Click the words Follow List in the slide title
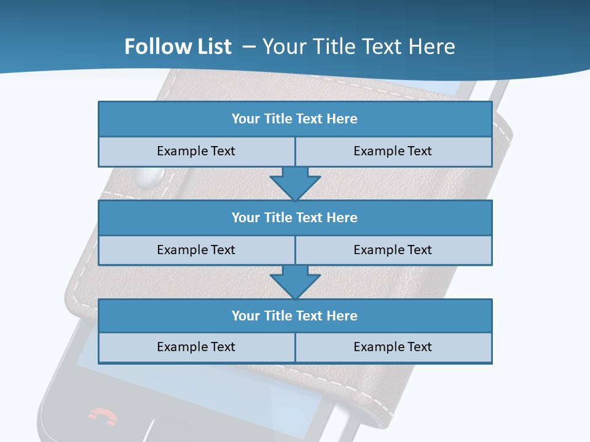pyautogui.click(x=178, y=47)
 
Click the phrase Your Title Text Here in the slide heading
pyautogui.click(x=359, y=47)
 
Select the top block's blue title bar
pyautogui.click(x=295, y=119)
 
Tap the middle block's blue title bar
pyautogui.click(x=295, y=218)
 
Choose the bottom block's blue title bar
pyautogui.click(x=295, y=316)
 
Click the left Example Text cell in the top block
pyautogui.click(x=196, y=152)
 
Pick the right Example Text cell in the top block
pyautogui.click(x=393, y=152)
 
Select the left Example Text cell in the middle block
pyautogui.click(x=196, y=250)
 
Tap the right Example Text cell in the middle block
pyautogui.click(x=393, y=250)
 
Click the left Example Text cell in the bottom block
pyautogui.click(x=196, y=347)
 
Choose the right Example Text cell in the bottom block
pyautogui.click(x=393, y=347)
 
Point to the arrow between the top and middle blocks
pyautogui.click(x=295, y=183)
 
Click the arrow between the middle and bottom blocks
pyautogui.click(x=295, y=282)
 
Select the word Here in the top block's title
pyautogui.click(x=342, y=119)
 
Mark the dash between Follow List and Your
pyautogui.click(x=248, y=47)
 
